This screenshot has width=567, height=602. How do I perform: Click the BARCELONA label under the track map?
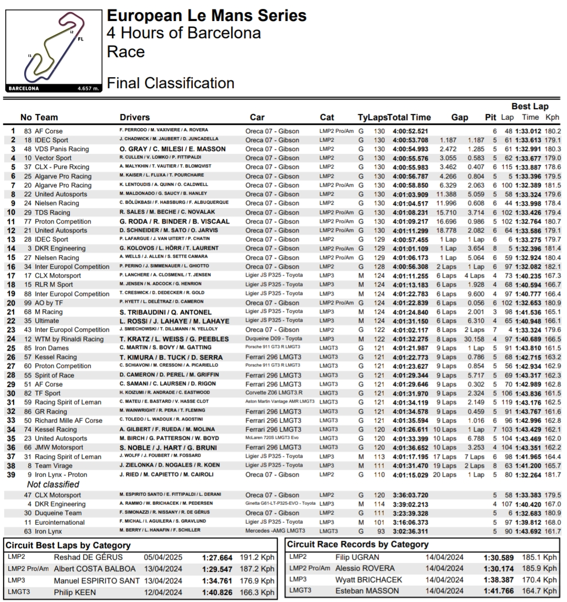(x=24, y=89)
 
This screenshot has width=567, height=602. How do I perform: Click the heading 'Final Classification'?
(x=170, y=83)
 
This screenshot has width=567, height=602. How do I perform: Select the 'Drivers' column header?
(x=134, y=118)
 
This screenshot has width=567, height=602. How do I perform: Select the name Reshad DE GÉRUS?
(x=88, y=557)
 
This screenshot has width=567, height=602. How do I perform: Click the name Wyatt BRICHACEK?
(x=369, y=580)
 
